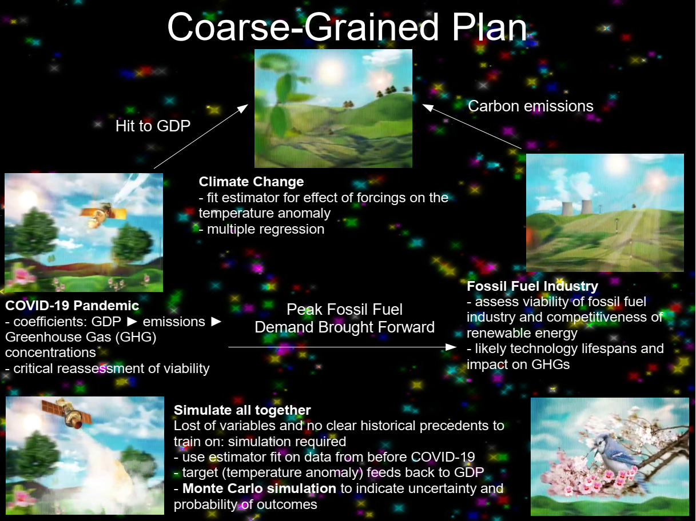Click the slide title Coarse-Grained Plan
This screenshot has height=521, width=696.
click(347, 27)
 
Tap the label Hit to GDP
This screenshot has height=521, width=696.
click(153, 126)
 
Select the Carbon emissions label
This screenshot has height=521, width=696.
click(531, 106)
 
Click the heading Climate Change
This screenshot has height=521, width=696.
click(251, 182)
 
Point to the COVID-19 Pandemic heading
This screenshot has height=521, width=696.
click(72, 306)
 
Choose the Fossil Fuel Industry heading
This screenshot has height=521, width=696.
click(532, 286)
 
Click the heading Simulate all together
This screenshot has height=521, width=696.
click(242, 410)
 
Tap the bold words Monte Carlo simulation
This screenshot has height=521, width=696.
click(259, 488)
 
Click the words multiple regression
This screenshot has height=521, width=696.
click(265, 229)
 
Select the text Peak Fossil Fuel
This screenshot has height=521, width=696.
click(344, 310)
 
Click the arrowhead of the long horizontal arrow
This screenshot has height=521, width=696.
click(451, 347)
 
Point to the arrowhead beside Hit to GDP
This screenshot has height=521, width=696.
click(243, 109)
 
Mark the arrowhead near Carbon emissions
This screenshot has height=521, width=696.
click(427, 107)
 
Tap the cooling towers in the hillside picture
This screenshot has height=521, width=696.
click(577, 207)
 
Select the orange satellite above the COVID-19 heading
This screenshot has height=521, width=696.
click(103, 214)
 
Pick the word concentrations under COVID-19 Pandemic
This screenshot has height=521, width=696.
click(50, 353)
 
